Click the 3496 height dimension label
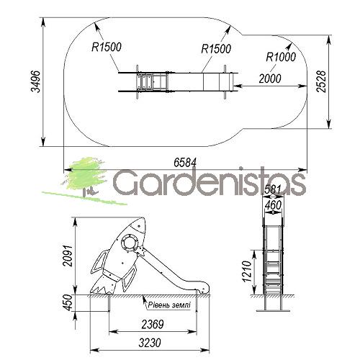click(36, 81)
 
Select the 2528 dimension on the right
click(321, 81)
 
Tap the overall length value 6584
click(185, 163)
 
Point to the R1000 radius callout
click(281, 57)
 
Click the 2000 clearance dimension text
click(270, 78)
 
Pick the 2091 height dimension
click(67, 256)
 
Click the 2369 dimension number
click(153, 325)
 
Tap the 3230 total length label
click(150, 343)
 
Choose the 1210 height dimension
click(246, 271)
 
